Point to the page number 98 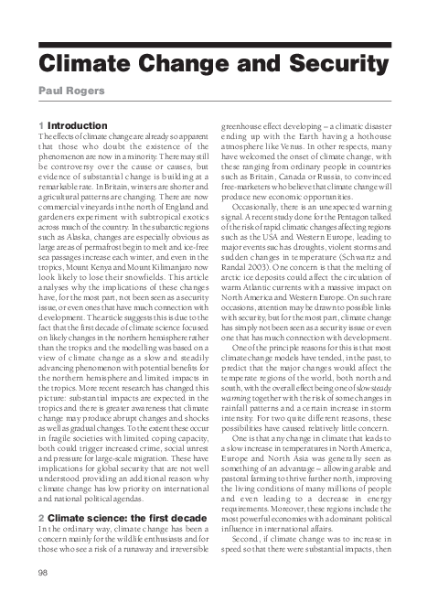(x=42, y=573)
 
